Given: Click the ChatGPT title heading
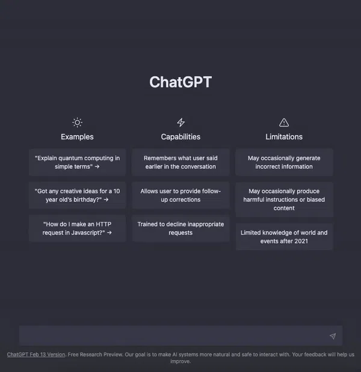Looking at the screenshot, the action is coord(180,82).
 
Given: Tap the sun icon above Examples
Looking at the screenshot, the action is coord(77,122).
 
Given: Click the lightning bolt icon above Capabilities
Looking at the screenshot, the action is coord(181,122).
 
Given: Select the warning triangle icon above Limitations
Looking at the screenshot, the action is coord(284,122).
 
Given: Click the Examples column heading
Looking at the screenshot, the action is coord(77,137).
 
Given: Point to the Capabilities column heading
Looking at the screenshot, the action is coord(180,137).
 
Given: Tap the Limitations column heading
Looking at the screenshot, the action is coord(284,137).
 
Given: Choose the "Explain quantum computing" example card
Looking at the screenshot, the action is coord(77,162).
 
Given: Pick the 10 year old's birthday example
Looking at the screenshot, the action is coord(77,195).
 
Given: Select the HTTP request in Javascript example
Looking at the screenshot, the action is coord(77,229).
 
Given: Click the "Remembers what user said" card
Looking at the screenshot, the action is coord(180,162).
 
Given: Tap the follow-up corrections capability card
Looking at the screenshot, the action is coord(180,195).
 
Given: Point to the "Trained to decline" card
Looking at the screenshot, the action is coord(180,229).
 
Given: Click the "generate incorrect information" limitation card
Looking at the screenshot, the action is coord(284,162).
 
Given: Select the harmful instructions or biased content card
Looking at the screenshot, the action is coord(284,200).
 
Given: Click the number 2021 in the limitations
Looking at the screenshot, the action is coord(301,241).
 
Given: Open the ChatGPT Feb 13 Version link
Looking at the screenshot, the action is coord(36,355).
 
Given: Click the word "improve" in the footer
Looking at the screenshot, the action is coord(180,361).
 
